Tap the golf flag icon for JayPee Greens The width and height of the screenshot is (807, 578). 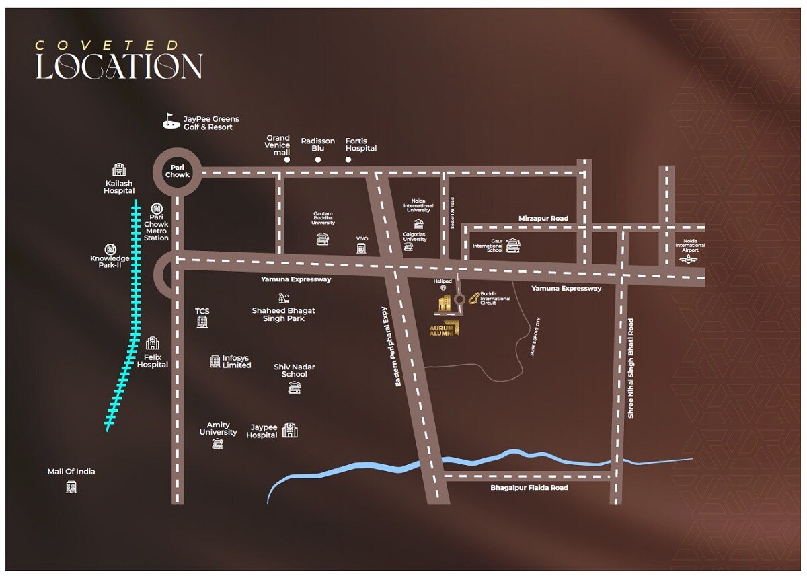[169, 121]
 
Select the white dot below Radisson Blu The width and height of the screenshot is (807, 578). [318, 160]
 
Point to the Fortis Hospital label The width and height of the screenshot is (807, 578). [361, 145]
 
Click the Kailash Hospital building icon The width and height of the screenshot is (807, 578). [119, 170]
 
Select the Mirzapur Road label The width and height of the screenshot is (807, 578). [543, 219]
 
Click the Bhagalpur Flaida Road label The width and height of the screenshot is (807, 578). [529, 488]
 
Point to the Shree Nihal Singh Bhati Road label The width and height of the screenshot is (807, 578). [631, 369]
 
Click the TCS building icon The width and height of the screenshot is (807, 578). [202, 322]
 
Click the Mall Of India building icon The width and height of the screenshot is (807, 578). [71, 486]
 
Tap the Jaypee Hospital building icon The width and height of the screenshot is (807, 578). [290, 430]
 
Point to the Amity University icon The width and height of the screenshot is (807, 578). [217, 443]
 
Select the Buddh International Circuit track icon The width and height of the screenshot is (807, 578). [474, 298]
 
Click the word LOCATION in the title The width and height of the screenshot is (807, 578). [119, 67]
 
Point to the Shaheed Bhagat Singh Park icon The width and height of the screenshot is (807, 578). [283, 297]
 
